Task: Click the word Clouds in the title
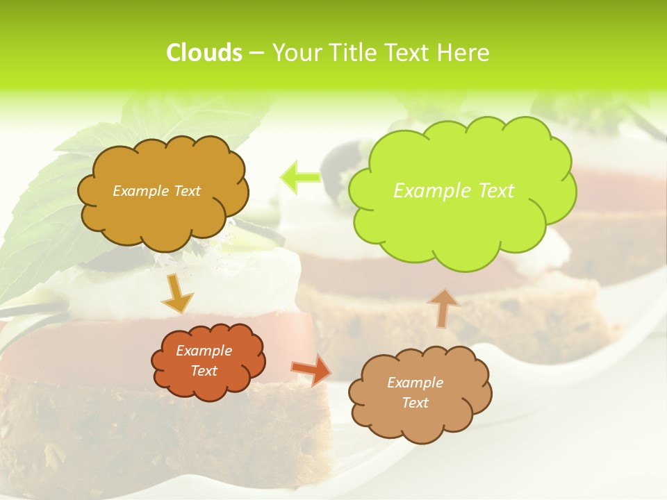pos(204,53)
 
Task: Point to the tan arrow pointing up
pos(443,308)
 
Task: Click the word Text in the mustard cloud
pos(188,191)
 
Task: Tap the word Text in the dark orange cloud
pos(204,371)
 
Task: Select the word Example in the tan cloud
pos(415,383)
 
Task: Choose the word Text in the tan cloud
pos(415,403)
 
